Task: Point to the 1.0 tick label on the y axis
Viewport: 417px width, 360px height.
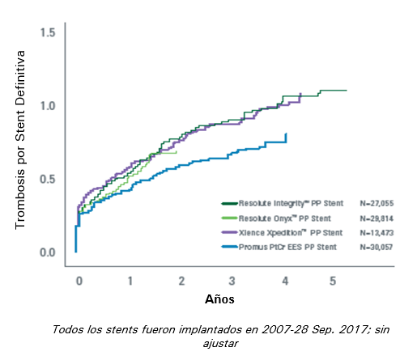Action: [47, 105]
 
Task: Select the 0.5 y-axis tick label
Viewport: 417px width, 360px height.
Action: [47, 179]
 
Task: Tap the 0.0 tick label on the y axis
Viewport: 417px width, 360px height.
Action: [47, 252]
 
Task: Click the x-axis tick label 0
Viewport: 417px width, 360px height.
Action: [79, 280]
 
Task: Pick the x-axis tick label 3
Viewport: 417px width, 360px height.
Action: [232, 280]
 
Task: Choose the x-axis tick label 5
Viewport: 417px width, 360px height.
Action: [333, 280]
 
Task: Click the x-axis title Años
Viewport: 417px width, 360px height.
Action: [219, 300]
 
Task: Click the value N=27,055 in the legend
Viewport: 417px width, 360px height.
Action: [375, 205]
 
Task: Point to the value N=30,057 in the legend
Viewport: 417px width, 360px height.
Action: [375, 245]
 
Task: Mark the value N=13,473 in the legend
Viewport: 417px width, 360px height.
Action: [375, 231]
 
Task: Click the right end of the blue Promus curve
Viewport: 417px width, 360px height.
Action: [286, 134]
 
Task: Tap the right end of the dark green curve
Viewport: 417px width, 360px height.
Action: [347, 90]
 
